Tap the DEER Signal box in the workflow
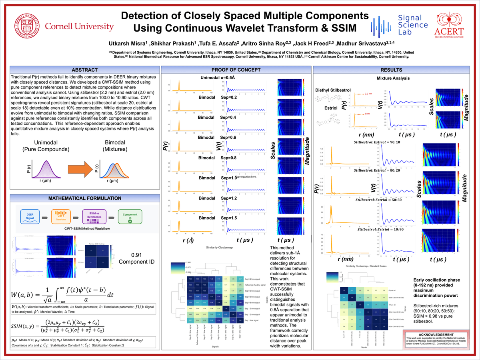[30, 218]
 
